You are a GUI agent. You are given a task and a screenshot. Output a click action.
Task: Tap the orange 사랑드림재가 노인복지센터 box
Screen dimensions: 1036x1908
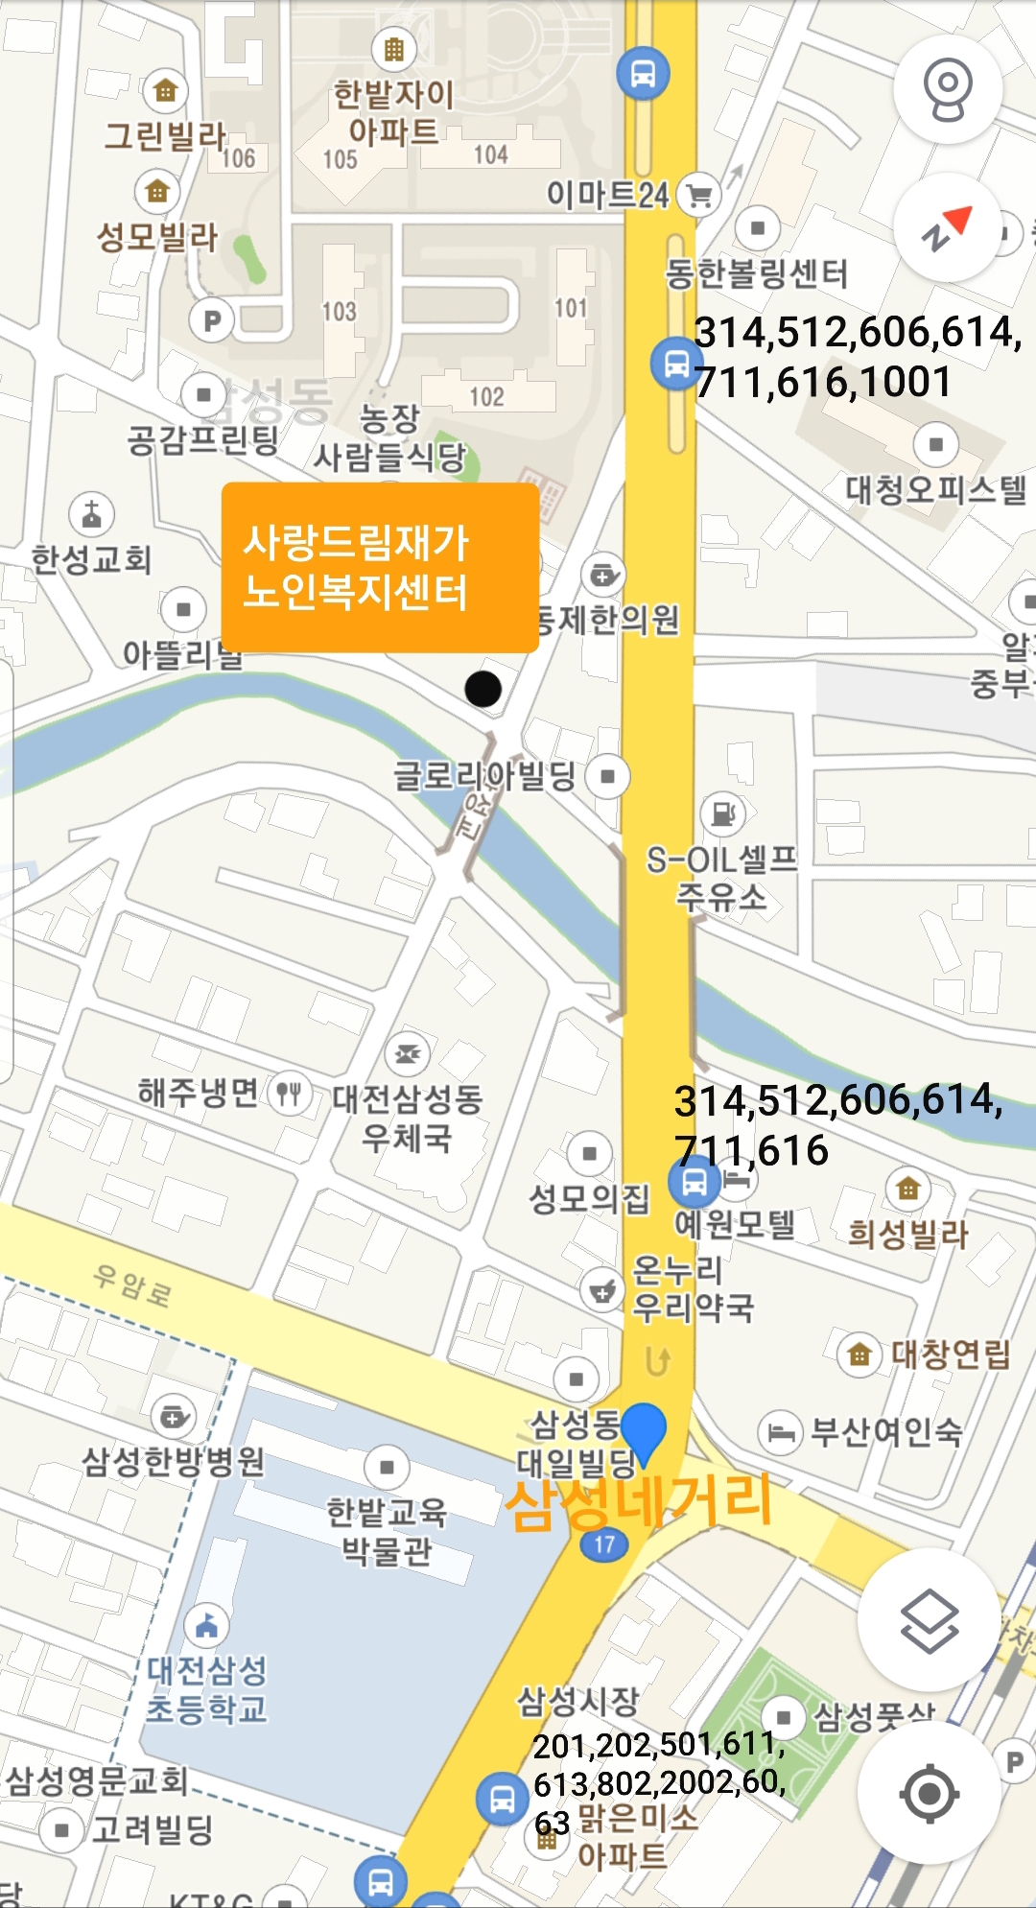[380, 568]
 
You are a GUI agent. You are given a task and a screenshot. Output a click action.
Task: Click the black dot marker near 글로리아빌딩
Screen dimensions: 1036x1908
[483, 688]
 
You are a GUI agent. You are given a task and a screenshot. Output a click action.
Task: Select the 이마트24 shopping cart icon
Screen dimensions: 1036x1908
[699, 195]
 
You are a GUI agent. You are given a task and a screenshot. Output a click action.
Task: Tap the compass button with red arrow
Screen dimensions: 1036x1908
[948, 228]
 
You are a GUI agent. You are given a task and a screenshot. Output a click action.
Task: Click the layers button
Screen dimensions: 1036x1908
[929, 1620]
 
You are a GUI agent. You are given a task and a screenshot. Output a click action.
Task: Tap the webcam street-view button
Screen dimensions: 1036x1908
[948, 89]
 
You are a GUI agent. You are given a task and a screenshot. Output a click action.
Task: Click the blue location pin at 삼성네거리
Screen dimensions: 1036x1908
[644, 1431]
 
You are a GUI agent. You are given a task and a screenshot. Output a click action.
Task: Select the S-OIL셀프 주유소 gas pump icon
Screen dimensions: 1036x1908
[722, 813]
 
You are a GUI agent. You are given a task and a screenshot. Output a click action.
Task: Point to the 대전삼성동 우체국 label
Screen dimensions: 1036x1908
[407, 1119]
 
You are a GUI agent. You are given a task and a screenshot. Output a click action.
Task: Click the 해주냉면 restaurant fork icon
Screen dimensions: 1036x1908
[289, 1093]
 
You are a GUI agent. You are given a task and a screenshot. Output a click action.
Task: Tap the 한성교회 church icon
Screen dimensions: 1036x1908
[92, 515]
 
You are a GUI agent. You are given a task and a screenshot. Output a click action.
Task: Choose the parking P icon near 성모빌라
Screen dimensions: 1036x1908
[212, 320]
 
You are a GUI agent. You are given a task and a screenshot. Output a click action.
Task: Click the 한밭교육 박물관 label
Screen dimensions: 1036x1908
[387, 1531]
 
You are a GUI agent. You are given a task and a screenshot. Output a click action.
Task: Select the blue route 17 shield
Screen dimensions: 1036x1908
[604, 1543]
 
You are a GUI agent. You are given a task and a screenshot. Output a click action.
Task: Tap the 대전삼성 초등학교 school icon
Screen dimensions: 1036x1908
[206, 1624]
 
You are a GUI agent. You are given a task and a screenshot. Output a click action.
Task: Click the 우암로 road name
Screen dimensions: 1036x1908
[132, 1284]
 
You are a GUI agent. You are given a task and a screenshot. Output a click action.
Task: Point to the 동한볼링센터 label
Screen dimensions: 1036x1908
[757, 274]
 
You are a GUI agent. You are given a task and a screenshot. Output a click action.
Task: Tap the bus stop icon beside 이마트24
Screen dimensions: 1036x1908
[643, 74]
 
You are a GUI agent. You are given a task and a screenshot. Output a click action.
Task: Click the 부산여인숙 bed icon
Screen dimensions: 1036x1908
[780, 1432]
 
